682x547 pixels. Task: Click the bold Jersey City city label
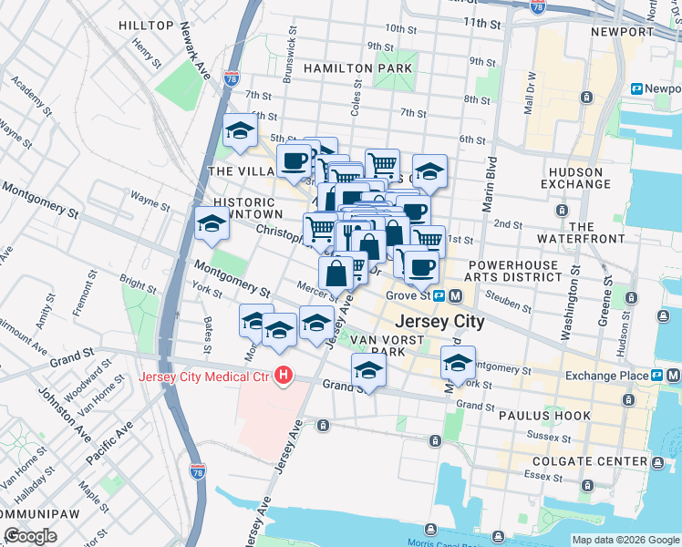(438, 323)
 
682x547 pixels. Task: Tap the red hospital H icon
(284, 375)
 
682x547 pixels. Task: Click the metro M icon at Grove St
(455, 295)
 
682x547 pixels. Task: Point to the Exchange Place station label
(605, 376)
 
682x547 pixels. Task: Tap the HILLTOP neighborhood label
(146, 25)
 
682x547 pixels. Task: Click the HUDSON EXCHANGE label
(575, 179)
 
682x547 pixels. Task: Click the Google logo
(31, 536)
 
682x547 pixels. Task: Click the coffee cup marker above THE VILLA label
(294, 161)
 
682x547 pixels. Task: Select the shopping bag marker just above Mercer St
(336, 272)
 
